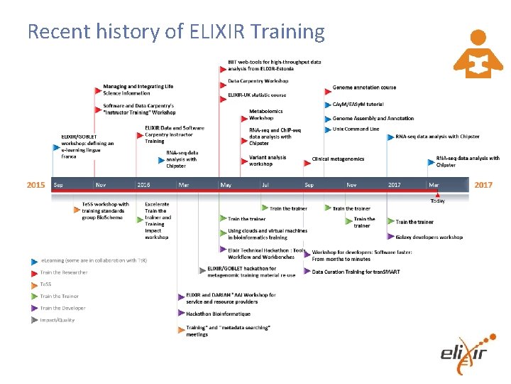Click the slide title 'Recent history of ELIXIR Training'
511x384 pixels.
[175, 31]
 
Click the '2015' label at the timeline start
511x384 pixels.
[36, 185]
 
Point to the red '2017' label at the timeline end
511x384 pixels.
[483, 185]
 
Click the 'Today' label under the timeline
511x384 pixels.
[437, 201]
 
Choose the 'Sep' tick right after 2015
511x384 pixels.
[58, 185]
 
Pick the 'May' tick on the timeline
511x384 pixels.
[226, 185]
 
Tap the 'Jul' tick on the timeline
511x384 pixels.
[265, 185]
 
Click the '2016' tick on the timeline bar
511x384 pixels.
[144, 185]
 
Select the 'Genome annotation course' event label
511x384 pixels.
[364, 87]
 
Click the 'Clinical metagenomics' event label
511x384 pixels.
[338, 159]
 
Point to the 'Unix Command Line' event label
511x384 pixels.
[356, 129]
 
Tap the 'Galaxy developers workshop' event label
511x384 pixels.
[429, 237]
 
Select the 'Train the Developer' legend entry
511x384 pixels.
[62, 308]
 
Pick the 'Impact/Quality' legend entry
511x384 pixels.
[57, 320]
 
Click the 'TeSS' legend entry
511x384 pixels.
[47, 284]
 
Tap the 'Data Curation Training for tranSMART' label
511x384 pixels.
[357, 271]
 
